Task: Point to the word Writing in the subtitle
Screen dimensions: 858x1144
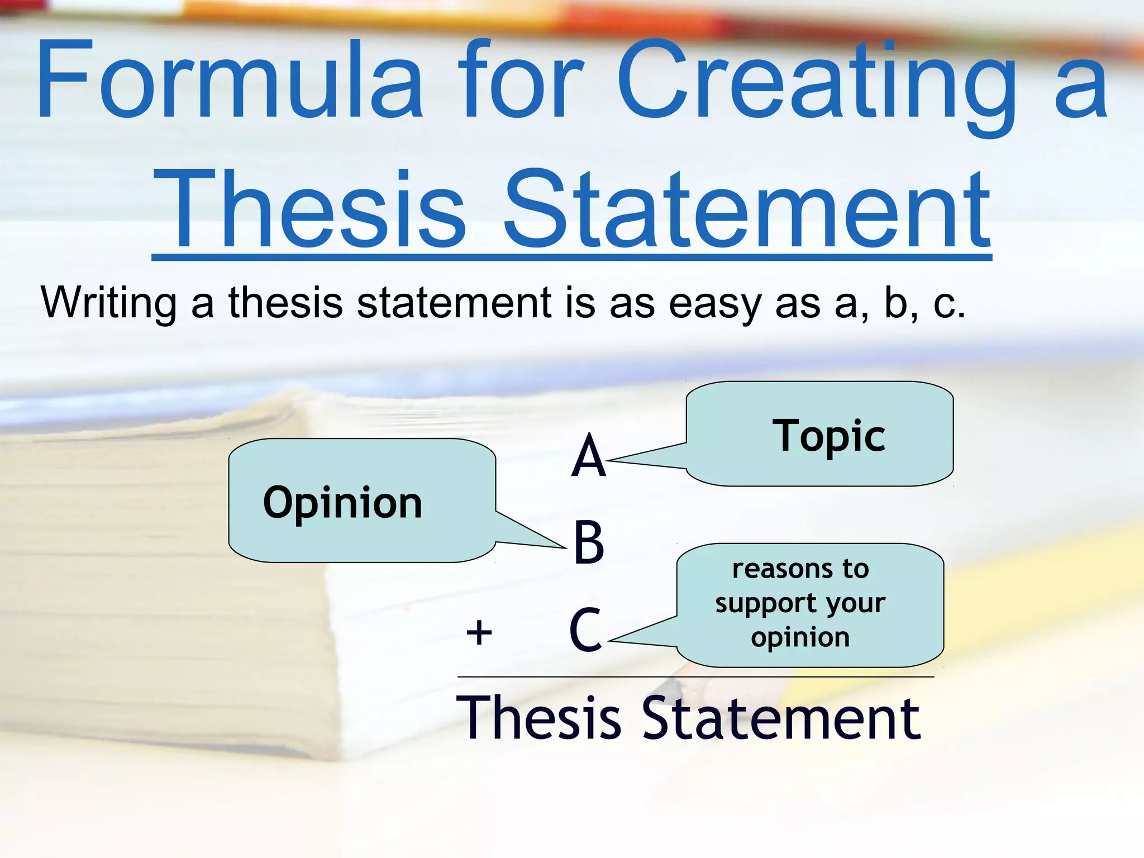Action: [108, 303]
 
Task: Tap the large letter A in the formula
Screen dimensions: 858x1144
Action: [588, 457]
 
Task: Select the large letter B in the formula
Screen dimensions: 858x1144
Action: [589, 542]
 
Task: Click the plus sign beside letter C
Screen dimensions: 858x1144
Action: [479, 633]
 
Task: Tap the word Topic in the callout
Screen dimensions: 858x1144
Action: [828, 436]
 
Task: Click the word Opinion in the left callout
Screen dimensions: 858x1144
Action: [342, 503]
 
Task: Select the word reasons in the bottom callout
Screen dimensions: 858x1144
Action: [778, 569]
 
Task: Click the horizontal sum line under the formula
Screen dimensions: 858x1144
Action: [695, 676]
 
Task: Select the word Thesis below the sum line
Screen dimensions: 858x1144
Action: [538, 719]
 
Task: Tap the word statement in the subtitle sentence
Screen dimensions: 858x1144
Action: [454, 303]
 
